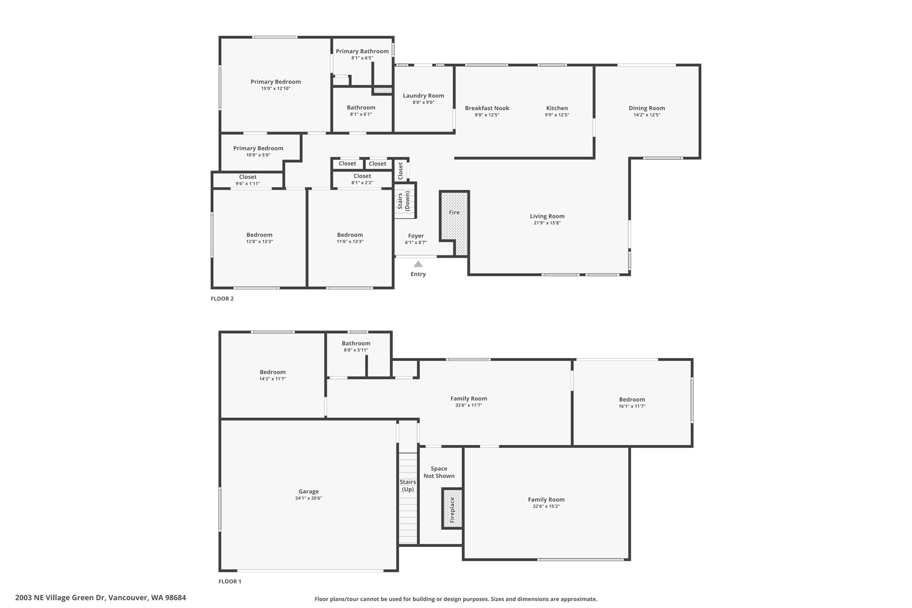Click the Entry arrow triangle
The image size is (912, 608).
point(418,264)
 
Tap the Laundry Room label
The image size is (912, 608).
point(423,96)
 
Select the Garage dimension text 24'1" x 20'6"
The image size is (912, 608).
point(309,498)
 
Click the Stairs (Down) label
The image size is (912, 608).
point(403,200)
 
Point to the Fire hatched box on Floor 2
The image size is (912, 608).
point(454,223)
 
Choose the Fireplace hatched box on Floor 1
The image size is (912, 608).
point(452,509)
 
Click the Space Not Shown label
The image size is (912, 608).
point(439,472)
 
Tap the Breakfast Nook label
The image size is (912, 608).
point(487,108)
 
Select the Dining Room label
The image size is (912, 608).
point(647,108)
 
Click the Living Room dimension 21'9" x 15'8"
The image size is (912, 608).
point(547,223)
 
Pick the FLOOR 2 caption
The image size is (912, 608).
point(222,299)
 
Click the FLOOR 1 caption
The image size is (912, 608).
point(230,581)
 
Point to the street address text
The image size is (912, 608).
point(101,598)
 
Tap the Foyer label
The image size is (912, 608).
point(416,236)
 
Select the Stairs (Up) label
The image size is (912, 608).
point(408,486)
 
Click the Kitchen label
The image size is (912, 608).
point(557,108)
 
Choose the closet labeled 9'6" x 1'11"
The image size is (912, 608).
point(248,180)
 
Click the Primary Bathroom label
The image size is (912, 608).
point(362,51)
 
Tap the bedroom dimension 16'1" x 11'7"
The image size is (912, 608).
point(632,406)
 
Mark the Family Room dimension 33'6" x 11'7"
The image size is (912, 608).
point(468,405)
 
